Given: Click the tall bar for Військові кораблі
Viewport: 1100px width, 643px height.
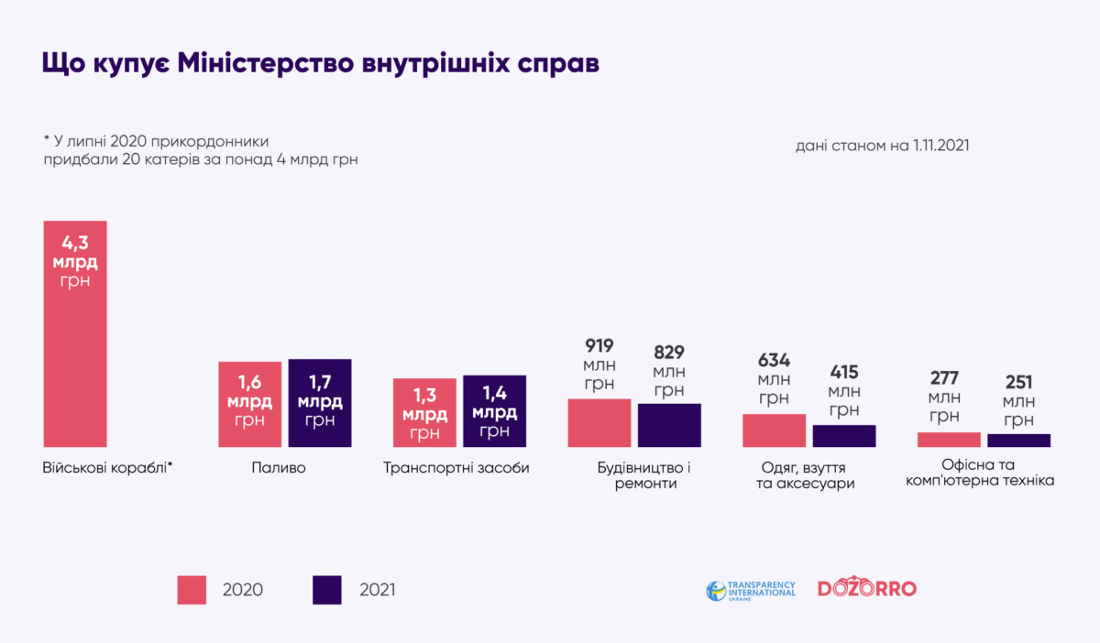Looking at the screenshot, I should pyautogui.click(x=75, y=334).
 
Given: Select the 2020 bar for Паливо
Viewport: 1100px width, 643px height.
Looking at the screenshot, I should pyautogui.click(x=249, y=404).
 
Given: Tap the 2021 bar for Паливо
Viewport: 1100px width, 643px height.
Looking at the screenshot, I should pyautogui.click(x=320, y=403).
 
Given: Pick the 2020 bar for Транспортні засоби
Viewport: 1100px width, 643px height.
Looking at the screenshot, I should pyautogui.click(x=424, y=412).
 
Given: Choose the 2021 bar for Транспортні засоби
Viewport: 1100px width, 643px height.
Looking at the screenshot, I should pyautogui.click(x=494, y=411).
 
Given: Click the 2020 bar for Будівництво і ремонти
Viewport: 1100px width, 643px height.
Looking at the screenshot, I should pyautogui.click(x=599, y=423).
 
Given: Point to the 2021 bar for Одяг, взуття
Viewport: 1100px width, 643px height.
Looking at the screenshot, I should pyautogui.click(x=844, y=436).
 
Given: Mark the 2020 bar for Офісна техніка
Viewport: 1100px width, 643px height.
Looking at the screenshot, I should pyautogui.click(x=949, y=440).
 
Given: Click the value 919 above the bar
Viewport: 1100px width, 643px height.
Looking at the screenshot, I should pyautogui.click(x=599, y=346).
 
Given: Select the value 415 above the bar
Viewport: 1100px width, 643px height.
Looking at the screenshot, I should pyautogui.click(x=844, y=372).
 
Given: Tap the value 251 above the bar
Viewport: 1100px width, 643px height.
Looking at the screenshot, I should pyautogui.click(x=1018, y=382).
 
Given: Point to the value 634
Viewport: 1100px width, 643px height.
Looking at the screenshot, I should pyautogui.click(x=774, y=360).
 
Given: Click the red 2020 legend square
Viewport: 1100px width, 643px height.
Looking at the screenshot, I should pyautogui.click(x=192, y=590).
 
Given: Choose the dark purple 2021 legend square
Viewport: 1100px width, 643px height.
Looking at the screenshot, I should pyautogui.click(x=327, y=590).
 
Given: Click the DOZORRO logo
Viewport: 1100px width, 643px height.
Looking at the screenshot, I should pyautogui.click(x=866, y=589).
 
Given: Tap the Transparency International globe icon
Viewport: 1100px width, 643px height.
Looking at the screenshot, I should pyautogui.click(x=716, y=591).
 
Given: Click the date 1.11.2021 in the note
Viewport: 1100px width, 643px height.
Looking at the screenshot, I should pyautogui.click(x=941, y=146).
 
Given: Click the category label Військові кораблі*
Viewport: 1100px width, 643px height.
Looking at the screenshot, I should pyautogui.click(x=107, y=468).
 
